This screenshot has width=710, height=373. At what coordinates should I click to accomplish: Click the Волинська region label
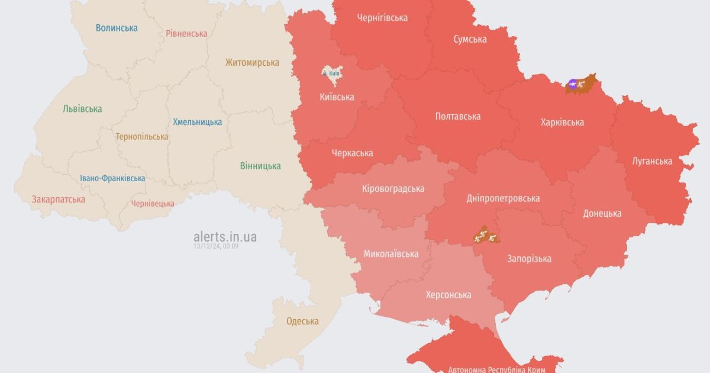117,28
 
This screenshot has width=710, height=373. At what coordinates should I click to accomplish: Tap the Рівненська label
186,33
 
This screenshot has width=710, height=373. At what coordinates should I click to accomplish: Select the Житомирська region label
252,62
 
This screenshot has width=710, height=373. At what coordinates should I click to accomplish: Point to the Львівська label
82,108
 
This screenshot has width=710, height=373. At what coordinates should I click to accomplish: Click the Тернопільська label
142,136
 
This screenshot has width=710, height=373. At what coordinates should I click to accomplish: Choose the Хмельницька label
198,122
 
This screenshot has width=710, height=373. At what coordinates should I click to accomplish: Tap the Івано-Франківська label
112,178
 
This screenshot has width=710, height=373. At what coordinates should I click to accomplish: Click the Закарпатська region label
59,199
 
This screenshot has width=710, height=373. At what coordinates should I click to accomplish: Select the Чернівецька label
153,203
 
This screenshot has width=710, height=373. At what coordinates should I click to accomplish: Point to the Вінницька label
260,166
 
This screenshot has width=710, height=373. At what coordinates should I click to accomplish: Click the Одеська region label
302,321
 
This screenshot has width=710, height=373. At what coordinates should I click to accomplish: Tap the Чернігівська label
382,18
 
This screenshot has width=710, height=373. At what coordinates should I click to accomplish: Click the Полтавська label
457,116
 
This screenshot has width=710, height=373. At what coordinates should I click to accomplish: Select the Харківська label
562,122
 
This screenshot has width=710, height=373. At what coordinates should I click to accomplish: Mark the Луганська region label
652,160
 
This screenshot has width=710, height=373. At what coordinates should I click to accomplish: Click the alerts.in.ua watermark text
225,237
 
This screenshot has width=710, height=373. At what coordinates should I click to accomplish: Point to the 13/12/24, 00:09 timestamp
216,246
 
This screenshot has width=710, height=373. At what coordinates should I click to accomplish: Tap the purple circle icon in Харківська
572,84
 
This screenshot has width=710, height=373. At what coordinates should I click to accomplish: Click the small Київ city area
331,73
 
